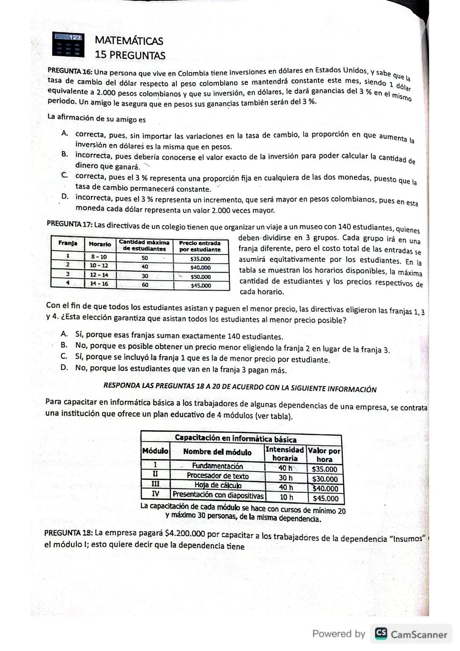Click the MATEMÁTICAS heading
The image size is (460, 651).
pos(129,41)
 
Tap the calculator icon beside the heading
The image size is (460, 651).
pos(68,44)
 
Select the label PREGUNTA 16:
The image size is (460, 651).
pos(70,71)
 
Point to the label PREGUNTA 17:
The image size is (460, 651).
pos(69,224)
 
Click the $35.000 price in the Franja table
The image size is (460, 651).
pos(200,259)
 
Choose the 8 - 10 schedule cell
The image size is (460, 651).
pos(99,257)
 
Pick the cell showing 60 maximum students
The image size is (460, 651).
pos(145,285)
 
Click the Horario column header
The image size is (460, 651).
pos(100,244)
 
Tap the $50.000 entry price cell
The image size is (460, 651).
pos(200,277)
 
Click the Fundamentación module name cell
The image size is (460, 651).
pos(217,466)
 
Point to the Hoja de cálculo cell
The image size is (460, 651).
pos(218,485)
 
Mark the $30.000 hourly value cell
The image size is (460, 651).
pos(325,479)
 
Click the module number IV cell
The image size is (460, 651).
pos(155,494)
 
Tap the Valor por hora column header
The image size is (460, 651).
pos(324,455)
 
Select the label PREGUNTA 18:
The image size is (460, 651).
pos(68,533)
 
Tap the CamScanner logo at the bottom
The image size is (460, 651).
pos(411,634)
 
